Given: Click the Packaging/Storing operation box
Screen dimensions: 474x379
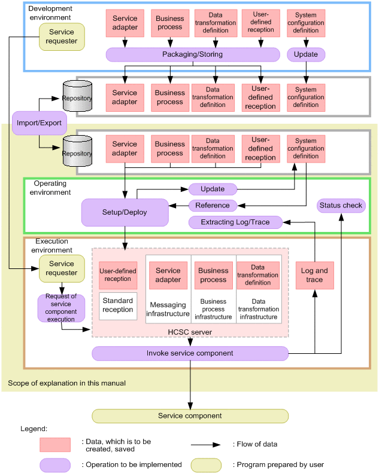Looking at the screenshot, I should point(192,54).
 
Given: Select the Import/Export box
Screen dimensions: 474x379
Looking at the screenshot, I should point(39,123).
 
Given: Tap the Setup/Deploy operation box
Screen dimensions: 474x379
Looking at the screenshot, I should point(125,212).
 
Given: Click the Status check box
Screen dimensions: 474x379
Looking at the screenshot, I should point(341,206).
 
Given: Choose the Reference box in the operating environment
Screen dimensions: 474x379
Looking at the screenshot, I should point(213,206).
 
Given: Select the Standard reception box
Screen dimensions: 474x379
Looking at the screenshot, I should point(118,305).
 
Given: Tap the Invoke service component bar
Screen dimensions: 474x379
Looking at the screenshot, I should point(190,353).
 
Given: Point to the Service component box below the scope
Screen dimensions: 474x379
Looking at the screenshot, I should point(190,415).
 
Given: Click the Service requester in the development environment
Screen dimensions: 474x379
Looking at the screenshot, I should point(62,36).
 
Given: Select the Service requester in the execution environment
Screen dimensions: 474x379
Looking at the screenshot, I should point(62,268).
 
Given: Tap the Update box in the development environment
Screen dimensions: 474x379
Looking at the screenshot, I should point(306,54).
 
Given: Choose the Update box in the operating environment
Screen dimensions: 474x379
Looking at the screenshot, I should point(213,189).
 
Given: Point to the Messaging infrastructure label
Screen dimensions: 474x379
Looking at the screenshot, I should point(168,309).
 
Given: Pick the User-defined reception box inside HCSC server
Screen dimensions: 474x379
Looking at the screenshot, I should point(118,275).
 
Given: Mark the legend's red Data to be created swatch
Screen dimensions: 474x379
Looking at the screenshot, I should point(55,445).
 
